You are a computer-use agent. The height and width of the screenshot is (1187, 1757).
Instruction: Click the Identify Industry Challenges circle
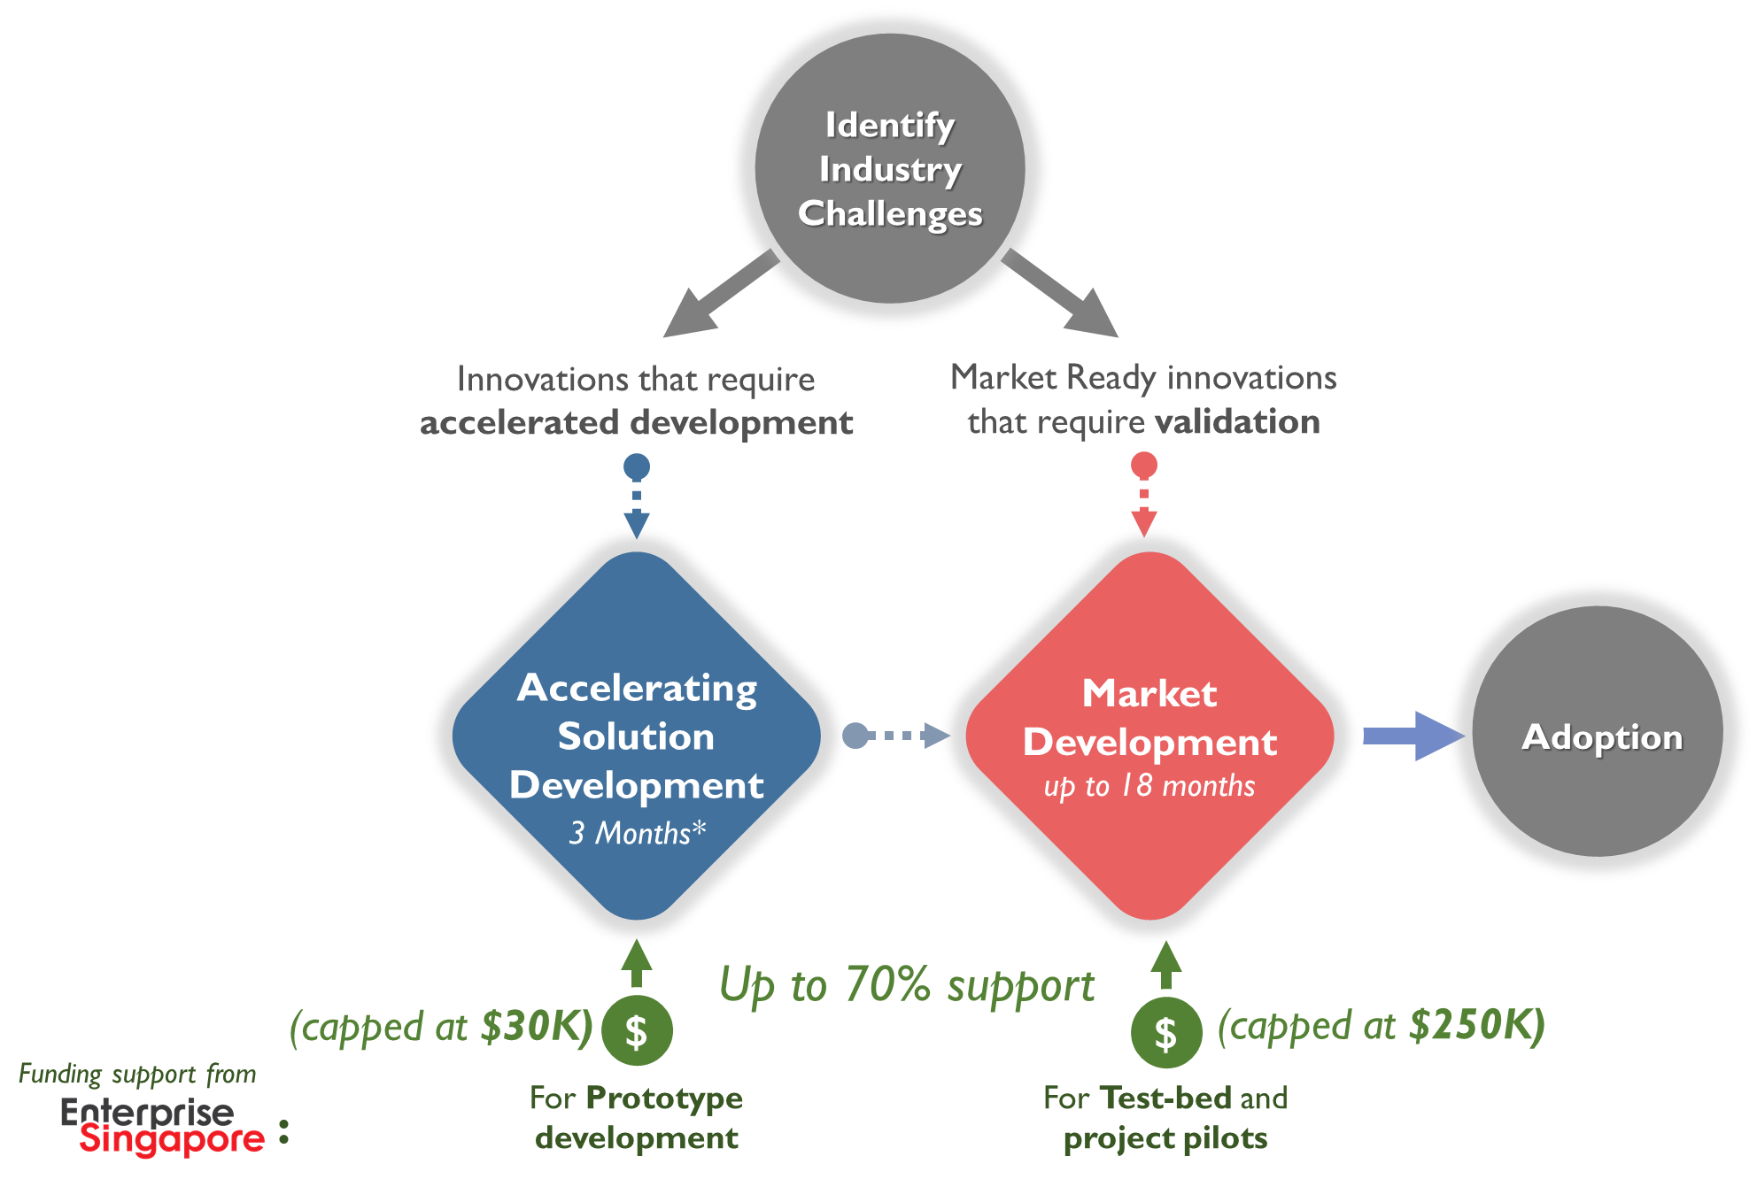tap(890, 168)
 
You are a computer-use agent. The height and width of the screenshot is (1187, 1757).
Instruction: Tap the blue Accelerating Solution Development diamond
tap(636, 735)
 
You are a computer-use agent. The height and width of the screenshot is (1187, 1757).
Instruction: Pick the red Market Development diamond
tap(1149, 735)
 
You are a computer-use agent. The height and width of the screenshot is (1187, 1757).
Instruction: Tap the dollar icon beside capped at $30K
tap(637, 1032)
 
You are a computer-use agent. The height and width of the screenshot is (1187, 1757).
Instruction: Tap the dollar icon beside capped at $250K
tap(1165, 1033)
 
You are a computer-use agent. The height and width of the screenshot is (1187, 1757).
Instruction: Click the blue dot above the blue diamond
tap(637, 466)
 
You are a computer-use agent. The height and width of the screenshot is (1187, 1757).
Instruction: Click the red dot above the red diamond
tap(1144, 465)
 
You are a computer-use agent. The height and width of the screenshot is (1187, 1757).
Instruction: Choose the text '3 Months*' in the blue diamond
tap(638, 833)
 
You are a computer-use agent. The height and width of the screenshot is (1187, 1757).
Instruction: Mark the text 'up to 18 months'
tap(1149, 786)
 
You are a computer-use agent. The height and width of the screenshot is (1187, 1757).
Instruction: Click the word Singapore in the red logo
tap(172, 1139)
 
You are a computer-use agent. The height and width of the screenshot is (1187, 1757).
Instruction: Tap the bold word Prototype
tap(663, 1098)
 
